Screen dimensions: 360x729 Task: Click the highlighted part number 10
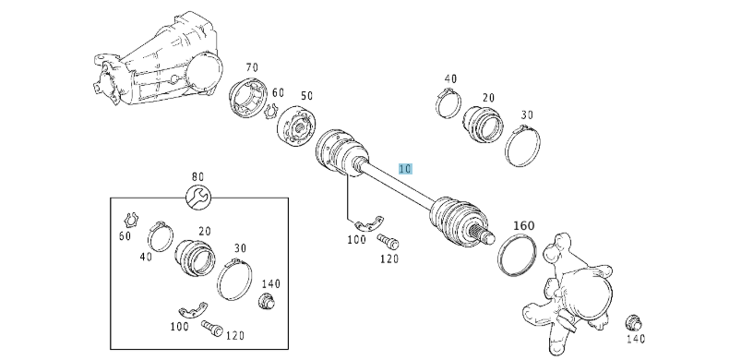[x=405, y=169]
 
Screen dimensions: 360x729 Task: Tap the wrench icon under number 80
[x=198, y=196]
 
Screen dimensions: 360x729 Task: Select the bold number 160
[x=523, y=224]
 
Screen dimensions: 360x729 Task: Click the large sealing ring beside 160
[x=518, y=255]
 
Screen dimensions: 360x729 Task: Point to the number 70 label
[x=252, y=67]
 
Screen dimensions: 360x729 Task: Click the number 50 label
[x=306, y=96]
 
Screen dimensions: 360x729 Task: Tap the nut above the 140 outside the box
[x=634, y=322]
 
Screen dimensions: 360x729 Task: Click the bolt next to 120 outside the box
[x=388, y=242]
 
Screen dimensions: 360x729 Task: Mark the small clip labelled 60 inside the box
[x=131, y=222]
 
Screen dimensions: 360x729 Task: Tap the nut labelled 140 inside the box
[x=269, y=302]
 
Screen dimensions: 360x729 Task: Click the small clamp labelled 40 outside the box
[x=447, y=104]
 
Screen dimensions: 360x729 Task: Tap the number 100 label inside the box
[x=180, y=326]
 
